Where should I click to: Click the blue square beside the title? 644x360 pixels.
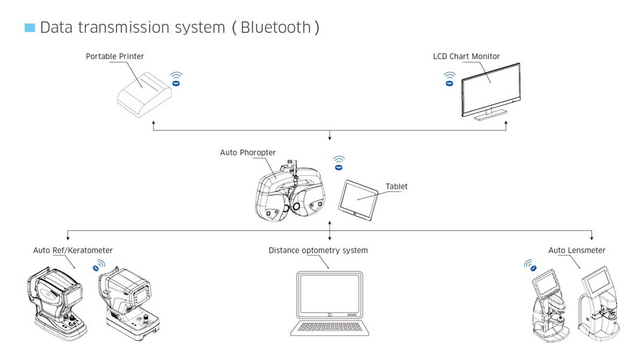click(x=30, y=28)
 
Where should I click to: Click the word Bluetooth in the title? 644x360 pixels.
click(x=276, y=27)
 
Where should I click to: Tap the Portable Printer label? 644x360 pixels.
click(x=115, y=56)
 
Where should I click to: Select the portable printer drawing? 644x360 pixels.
click(x=144, y=95)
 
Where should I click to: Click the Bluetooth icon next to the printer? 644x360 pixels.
click(x=176, y=79)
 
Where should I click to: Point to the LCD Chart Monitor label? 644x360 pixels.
click(x=466, y=56)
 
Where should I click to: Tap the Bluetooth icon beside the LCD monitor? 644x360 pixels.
click(x=449, y=79)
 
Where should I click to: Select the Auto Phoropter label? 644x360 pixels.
click(x=248, y=152)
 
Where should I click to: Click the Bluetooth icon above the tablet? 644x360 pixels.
click(x=339, y=163)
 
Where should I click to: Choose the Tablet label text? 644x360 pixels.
click(x=397, y=187)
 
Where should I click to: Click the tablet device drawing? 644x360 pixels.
click(x=358, y=200)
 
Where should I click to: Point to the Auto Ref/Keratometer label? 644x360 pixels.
click(x=73, y=251)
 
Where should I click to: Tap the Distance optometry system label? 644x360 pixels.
click(x=318, y=251)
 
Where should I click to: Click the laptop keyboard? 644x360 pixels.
click(x=330, y=327)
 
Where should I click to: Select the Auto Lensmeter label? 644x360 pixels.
click(x=577, y=251)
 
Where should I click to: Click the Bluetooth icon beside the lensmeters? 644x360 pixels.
click(x=530, y=266)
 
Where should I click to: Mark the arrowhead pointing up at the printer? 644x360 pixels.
click(x=153, y=123)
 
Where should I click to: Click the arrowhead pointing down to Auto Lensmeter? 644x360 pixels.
click(x=591, y=238)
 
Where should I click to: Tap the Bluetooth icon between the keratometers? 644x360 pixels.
click(x=99, y=266)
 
